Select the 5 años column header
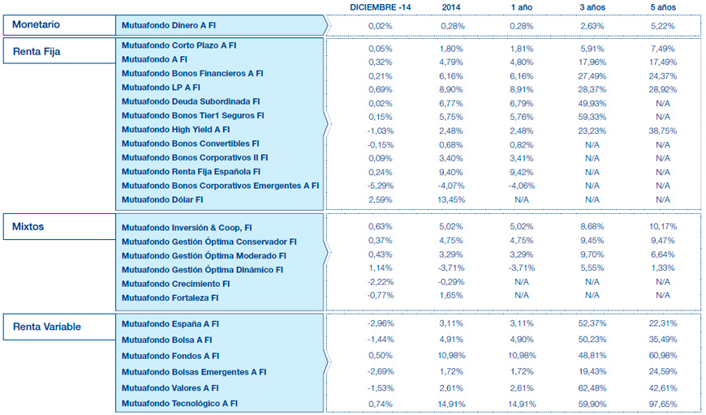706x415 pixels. point(662,7)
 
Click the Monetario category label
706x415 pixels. point(37,25)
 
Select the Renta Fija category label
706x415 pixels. point(37,52)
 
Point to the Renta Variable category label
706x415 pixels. point(47,327)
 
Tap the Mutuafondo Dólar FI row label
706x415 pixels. point(162,199)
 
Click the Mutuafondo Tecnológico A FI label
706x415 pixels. point(179,403)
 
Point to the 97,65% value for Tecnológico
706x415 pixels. point(662,403)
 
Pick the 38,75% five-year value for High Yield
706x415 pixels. point(662,129)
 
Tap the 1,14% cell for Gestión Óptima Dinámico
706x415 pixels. point(380,269)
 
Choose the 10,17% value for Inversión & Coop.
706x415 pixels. point(662,227)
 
